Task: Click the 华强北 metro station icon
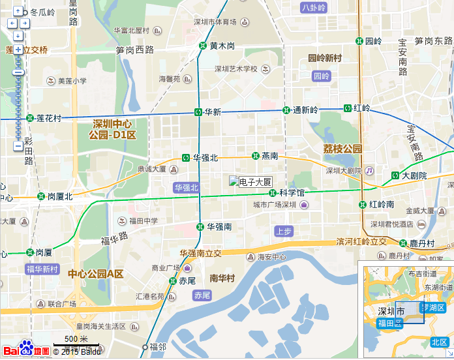pyautogui.click(x=186, y=158)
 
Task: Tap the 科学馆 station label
pyautogui.click(x=292, y=193)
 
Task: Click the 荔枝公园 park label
pyautogui.click(x=342, y=149)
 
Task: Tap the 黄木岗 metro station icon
pyautogui.click(x=203, y=46)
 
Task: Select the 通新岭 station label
pyautogui.click(x=305, y=110)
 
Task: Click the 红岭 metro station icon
pyautogui.click(x=348, y=108)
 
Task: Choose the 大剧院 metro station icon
pyautogui.click(x=395, y=175)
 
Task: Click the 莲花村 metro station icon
pyautogui.click(x=30, y=118)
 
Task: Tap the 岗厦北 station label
pyautogui.click(x=60, y=196)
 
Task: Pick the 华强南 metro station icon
pyautogui.click(x=200, y=227)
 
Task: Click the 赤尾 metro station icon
pyautogui.click(x=173, y=281)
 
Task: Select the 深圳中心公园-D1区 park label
pyautogui.click(x=113, y=129)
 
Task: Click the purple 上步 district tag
pyautogui.click(x=284, y=231)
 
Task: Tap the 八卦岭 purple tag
pyautogui.click(x=314, y=8)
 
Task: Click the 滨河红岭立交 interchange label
pyautogui.click(x=361, y=242)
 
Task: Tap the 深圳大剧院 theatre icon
pyautogui.click(x=369, y=171)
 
